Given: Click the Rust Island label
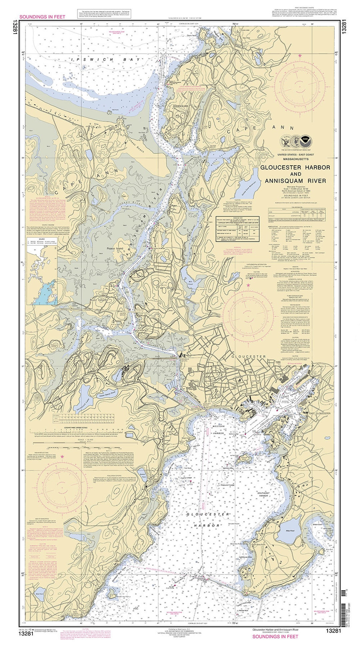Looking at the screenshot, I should [x=99, y=300].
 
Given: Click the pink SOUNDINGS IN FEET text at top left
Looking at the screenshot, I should [x=42, y=16].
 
